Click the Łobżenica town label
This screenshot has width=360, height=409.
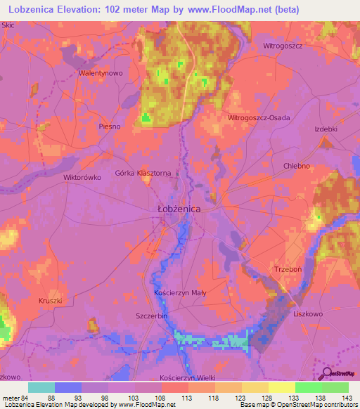coord(179,209)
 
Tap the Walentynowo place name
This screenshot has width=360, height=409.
coord(101,73)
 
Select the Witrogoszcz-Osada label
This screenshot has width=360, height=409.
coord(259,118)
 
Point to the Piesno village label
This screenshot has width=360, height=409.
coord(110,126)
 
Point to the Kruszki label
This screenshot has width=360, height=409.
coord(51,301)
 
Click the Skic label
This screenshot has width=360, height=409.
coord(8,25)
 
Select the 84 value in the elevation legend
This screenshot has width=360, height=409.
coord(23,398)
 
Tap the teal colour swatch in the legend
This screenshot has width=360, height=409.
coord(41,387)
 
